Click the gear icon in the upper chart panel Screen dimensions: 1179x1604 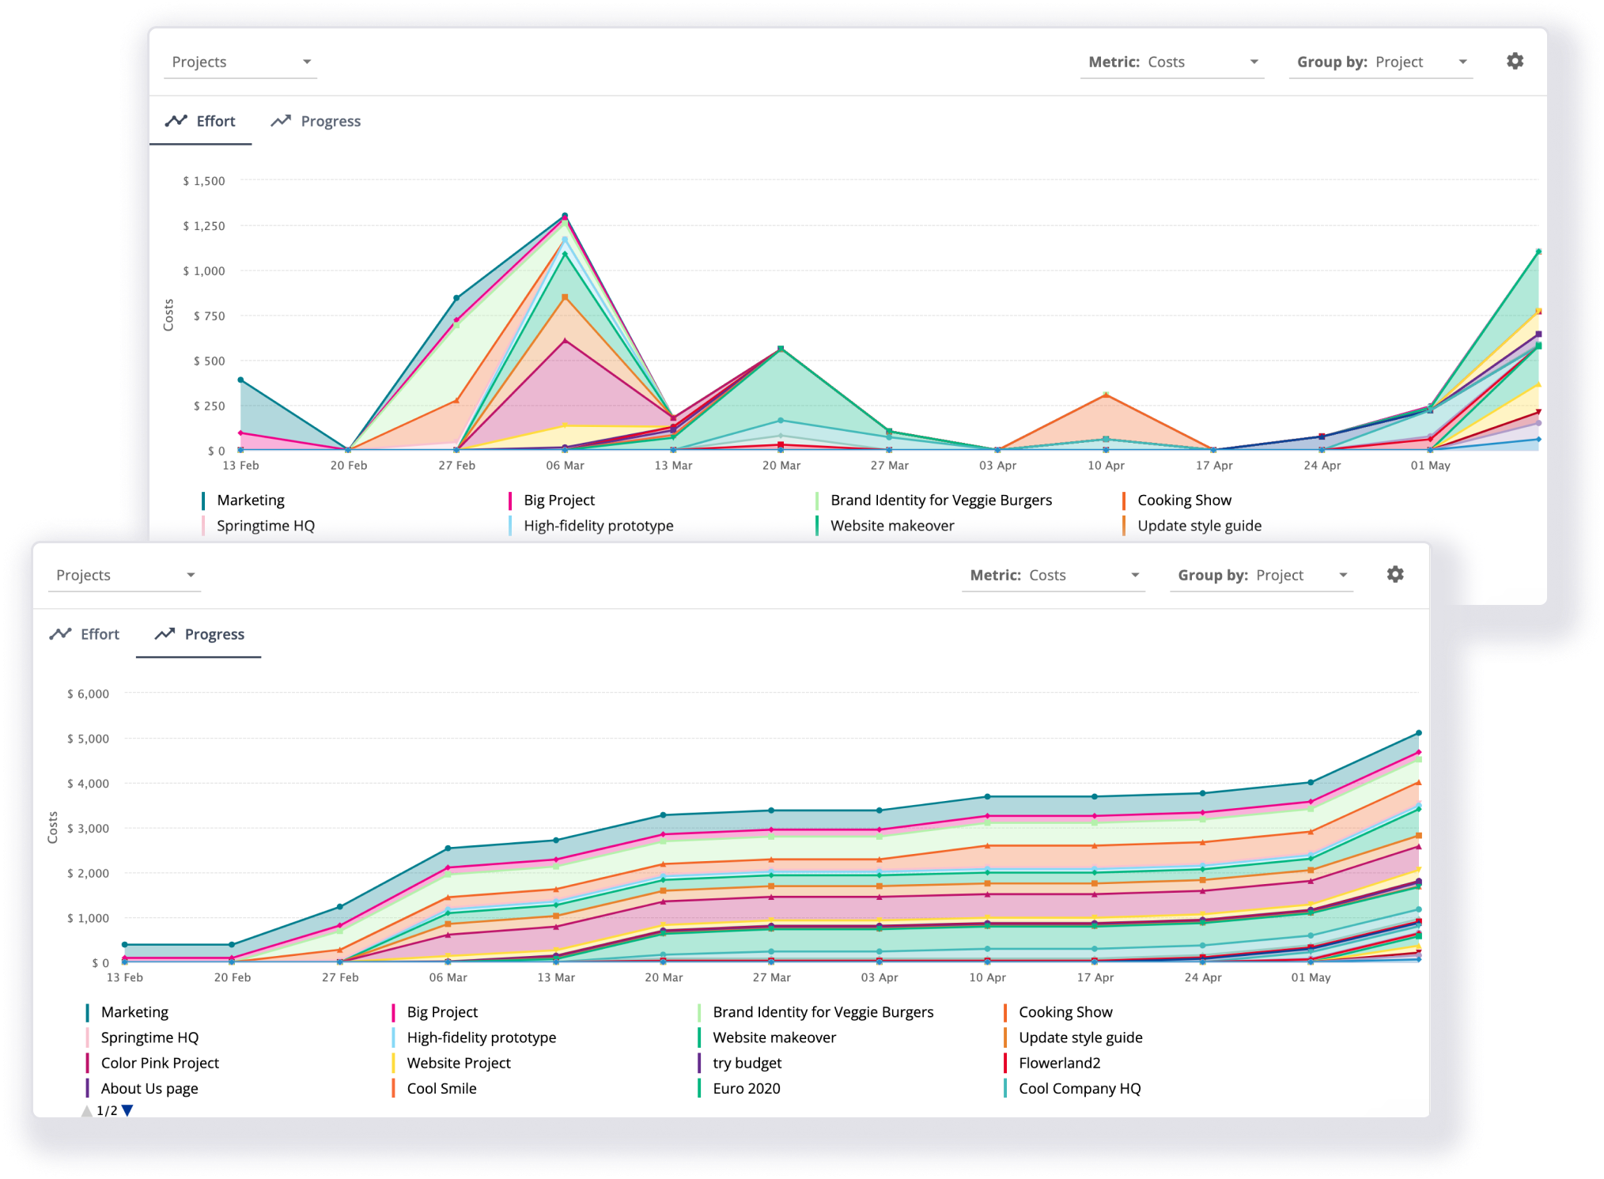(x=1515, y=61)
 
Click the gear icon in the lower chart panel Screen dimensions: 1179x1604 (x=1395, y=574)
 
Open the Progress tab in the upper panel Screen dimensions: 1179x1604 (x=316, y=121)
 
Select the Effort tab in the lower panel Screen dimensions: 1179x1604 (x=85, y=634)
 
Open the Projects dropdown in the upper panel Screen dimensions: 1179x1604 (x=240, y=62)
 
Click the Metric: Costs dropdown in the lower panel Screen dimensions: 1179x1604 (x=1054, y=575)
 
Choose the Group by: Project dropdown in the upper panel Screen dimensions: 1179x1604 (x=1381, y=62)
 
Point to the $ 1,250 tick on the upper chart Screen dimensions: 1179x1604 (x=204, y=226)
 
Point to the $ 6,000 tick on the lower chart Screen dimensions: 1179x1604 (x=88, y=693)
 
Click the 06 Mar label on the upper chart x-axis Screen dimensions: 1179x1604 (x=565, y=465)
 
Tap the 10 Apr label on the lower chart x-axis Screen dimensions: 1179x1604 (x=987, y=977)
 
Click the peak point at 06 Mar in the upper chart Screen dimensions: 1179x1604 (x=565, y=215)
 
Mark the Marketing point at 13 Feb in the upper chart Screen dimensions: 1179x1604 (x=240, y=380)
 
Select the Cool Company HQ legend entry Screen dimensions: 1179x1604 (x=1079, y=1088)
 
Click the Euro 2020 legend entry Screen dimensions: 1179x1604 (x=746, y=1088)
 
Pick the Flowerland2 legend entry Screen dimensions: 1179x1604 (x=1059, y=1063)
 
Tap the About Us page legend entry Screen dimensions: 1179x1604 (x=149, y=1088)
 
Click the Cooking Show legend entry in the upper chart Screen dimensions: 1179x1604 (x=1183, y=500)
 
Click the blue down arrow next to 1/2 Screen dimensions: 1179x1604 (x=127, y=1110)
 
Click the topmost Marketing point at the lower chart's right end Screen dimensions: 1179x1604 (x=1418, y=733)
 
